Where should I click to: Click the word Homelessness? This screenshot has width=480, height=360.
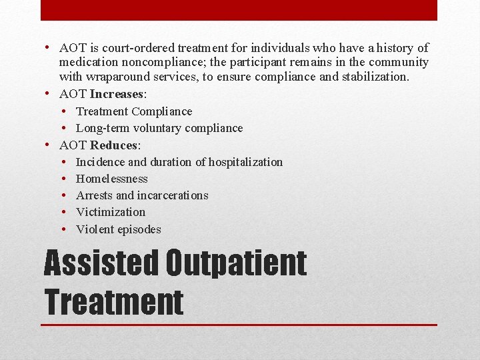coord(111,179)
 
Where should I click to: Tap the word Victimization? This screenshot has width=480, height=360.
coord(110,212)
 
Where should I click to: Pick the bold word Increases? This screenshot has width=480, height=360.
coord(116,94)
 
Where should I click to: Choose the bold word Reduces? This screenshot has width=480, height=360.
coord(113,145)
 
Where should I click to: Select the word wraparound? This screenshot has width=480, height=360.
coord(116,77)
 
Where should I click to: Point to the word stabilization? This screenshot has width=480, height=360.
coord(374,77)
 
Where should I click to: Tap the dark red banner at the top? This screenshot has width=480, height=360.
coord(239,10)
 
